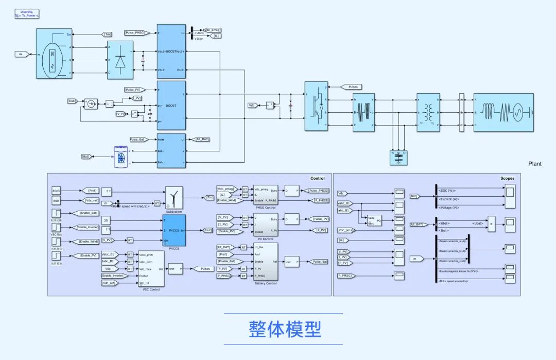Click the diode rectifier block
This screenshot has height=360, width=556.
click(x=120, y=61)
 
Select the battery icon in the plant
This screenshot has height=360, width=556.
click(x=121, y=156)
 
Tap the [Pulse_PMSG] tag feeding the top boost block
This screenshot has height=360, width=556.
click(x=136, y=33)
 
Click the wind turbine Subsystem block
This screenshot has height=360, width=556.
click(x=174, y=197)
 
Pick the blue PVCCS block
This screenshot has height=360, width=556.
click(x=174, y=230)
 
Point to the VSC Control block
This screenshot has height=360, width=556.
click(x=151, y=268)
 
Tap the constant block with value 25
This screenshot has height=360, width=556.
click(x=106, y=220)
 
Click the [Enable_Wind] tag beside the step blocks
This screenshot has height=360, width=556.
click(x=89, y=242)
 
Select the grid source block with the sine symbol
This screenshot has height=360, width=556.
click(x=503, y=112)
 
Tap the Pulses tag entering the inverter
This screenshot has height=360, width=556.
click(x=353, y=87)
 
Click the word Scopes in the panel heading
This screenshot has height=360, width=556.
click(x=507, y=178)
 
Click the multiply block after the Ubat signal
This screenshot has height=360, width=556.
click(x=492, y=224)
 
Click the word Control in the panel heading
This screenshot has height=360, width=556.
click(x=317, y=178)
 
